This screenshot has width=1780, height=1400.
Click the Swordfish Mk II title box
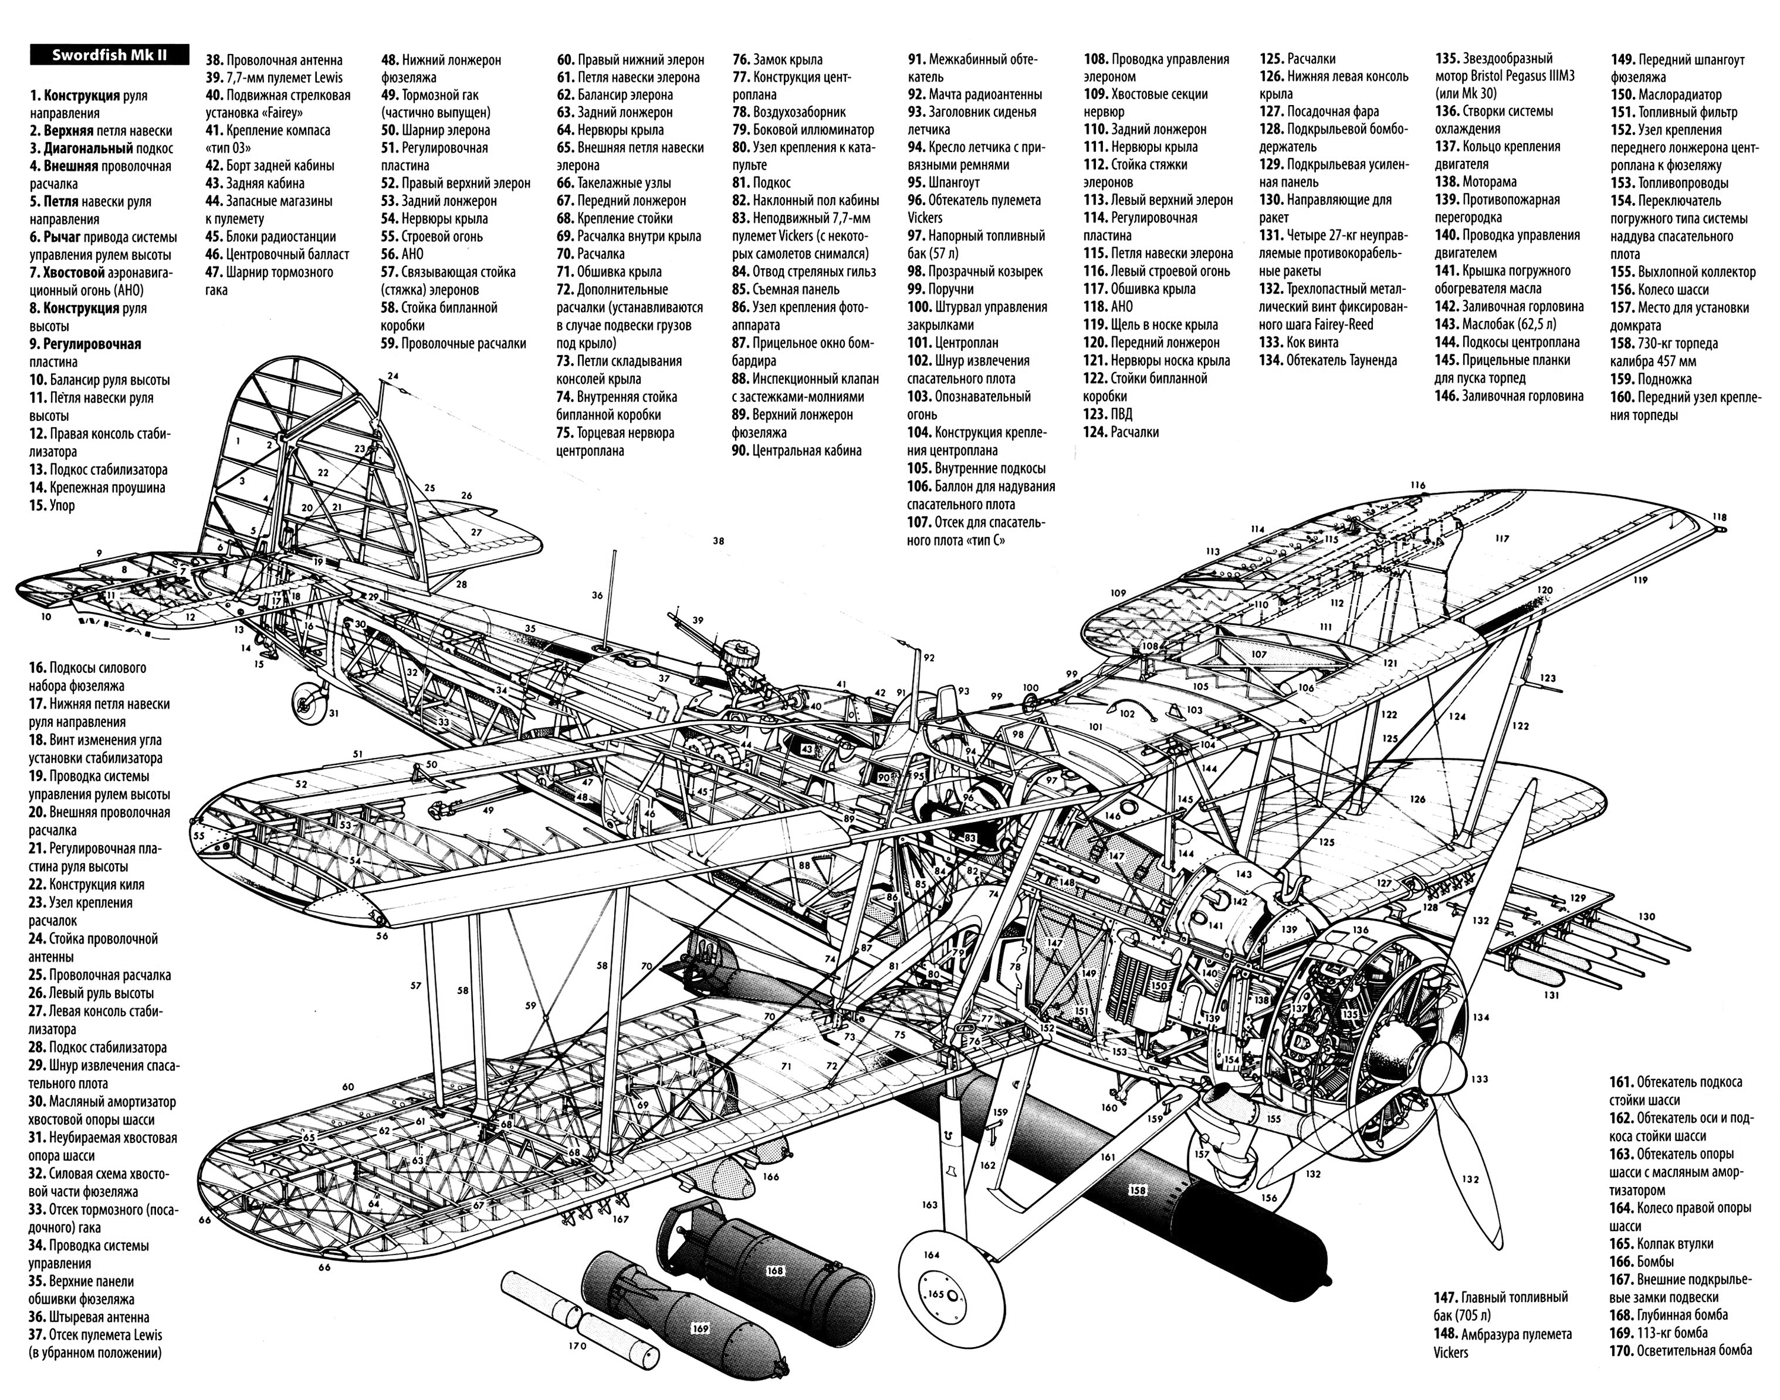[x=109, y=55]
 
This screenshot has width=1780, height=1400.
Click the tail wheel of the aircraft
[x=311, y=703]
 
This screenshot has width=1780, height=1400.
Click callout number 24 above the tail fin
[x=393, y=376]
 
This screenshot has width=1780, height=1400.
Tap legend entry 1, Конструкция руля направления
[x=88, y=104]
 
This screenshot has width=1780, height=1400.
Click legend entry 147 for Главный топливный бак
[x=1501, y=1305]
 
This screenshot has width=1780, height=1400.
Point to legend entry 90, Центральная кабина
[x=797, y=450]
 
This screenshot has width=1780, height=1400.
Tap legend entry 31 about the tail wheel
[x=103, y=1146]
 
